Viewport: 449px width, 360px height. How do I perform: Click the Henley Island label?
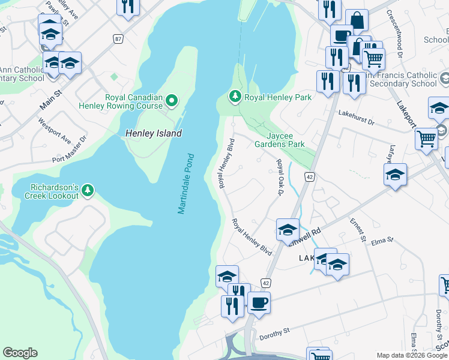click(x=154, y=134)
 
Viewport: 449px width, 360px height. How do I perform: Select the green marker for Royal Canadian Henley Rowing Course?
click(x=172, y=100)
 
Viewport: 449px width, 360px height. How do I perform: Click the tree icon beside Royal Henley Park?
click(x=235, y=97)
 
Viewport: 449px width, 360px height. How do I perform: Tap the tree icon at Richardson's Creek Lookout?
click(x=88, y=191)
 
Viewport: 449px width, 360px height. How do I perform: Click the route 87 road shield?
click(x=118, y=38)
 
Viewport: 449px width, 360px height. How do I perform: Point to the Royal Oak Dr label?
click(x=279, y=177)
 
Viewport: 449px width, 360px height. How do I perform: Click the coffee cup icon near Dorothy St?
click(x=259, y=303)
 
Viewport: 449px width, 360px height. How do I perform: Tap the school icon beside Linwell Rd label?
click(x=288, y=229)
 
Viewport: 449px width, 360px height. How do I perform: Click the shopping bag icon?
click(x=357, y=20)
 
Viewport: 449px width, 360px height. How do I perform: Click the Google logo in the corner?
click(x=20, y=353)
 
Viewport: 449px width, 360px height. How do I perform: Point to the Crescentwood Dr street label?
click(x=394, y=34)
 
